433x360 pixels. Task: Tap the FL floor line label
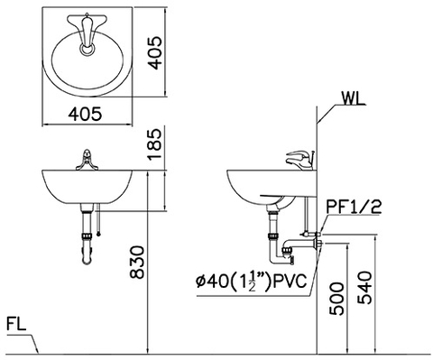tap(16, 322)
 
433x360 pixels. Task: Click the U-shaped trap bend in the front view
tap(85, 260)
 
